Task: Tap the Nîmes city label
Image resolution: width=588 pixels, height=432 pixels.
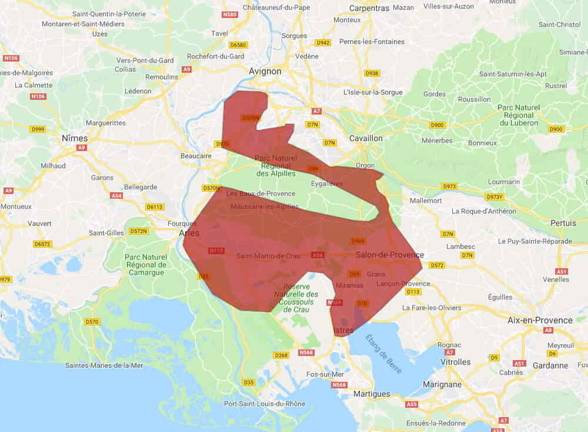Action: tap(74, 138)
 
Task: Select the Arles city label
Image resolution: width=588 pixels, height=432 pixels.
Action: tap(189, 233)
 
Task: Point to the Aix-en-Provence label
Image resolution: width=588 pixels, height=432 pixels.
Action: tap(540, 320)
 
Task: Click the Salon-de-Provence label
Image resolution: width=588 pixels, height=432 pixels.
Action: tap(389, 255)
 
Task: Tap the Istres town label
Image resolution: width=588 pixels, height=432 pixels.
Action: tap(344, 330)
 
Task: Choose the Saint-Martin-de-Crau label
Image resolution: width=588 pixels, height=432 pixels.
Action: tap(269, 256)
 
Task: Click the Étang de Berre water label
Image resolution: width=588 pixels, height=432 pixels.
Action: tap(383, 354)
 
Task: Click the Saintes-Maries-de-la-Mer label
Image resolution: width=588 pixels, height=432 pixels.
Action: tap(104, 365)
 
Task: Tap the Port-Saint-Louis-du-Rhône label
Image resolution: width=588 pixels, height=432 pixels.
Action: tap(265, 404)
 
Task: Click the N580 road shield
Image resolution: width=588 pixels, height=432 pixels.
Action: tap(230, 15)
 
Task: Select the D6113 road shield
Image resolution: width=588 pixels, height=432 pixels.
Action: tap(155, 207)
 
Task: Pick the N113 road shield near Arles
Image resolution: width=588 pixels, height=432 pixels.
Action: tap(216, 251)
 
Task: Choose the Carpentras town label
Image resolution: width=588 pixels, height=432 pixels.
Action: tap(369, 8)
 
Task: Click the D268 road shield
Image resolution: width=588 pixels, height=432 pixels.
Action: tap(281, 355)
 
